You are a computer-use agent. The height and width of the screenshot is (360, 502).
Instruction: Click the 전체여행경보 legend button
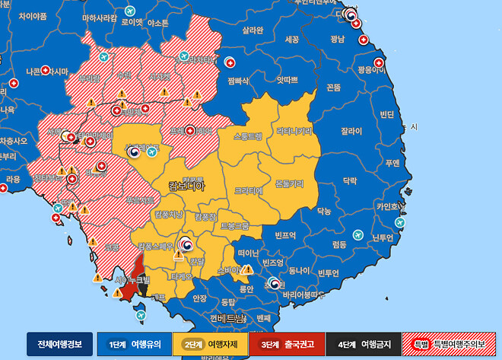(59, 344)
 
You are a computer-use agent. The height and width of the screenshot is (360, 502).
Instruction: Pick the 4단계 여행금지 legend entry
(363, 344)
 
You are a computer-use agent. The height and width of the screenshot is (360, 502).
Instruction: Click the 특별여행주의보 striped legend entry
(450, 344)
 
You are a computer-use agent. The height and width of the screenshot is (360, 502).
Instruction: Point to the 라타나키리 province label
(294, 131)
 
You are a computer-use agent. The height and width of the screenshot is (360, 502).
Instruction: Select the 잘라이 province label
(351, 131)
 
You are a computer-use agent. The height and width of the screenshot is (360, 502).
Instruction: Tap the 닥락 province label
(349, 181)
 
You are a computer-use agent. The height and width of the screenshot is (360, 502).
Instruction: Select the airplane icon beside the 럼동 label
(400, 222)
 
